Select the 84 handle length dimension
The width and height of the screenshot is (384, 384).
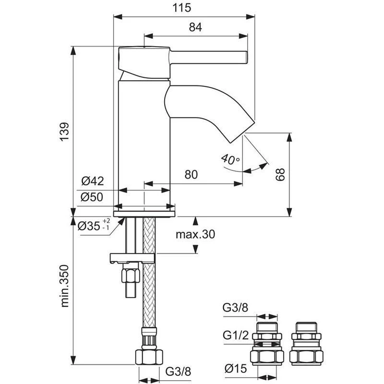tap(195, 27)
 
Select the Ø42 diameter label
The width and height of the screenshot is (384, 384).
tap(93, 181)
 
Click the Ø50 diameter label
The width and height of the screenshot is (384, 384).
tap(93, 197)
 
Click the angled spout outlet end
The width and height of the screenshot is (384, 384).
tap(242, 128)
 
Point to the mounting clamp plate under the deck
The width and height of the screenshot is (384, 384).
tap(132, 258)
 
